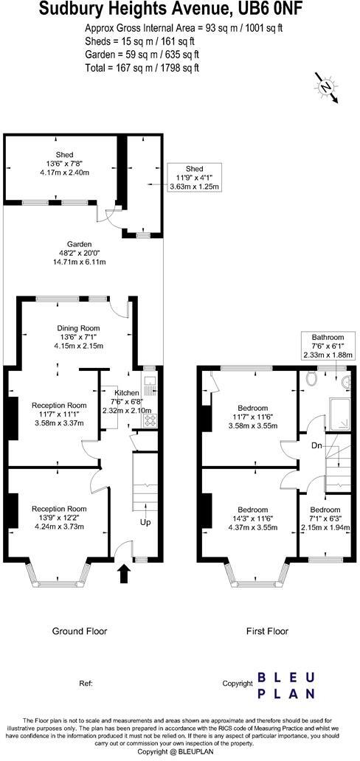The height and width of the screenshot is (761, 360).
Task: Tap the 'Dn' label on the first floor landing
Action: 316,446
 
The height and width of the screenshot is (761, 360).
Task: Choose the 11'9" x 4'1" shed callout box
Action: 194,178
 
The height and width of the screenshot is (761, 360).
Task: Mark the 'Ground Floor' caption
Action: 79,631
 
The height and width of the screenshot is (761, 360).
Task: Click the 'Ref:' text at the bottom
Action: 86,684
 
